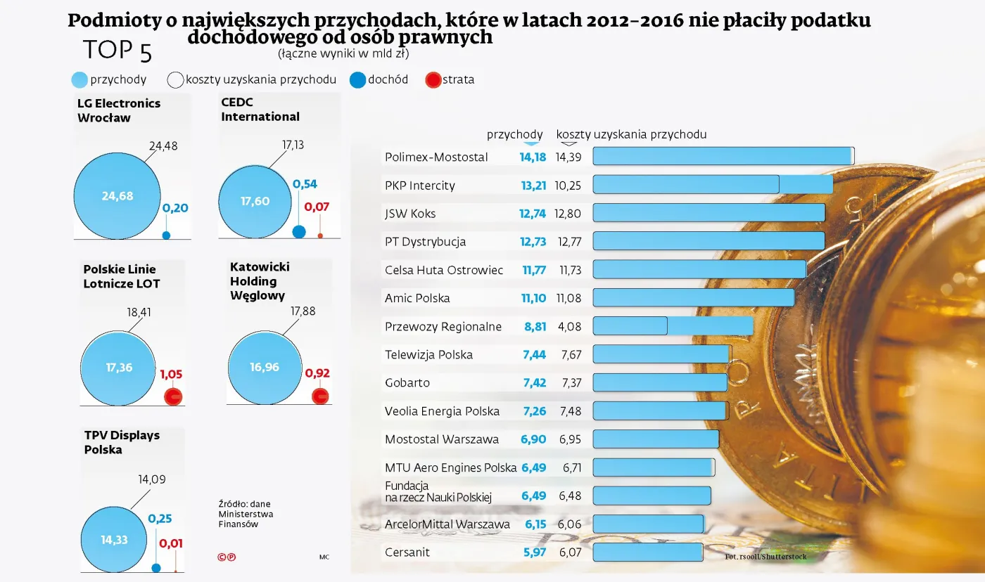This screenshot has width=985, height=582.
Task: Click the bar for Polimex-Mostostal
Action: (x=723, y=156)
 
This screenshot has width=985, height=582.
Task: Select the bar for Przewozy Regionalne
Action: (x=672, y=326)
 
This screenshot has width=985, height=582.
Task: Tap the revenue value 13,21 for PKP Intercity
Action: (x=533, y=186)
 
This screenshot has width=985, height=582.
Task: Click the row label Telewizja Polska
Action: (x=428, y=355)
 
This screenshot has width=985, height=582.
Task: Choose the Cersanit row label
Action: (x=407, y=552)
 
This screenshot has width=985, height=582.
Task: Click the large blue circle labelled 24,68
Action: (x=117, y=196)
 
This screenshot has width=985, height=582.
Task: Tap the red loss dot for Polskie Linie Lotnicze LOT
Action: (x=173, y=396)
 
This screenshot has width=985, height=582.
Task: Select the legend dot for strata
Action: (x=433, y=80)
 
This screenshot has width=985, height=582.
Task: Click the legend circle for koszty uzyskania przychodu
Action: (x=175, y=80)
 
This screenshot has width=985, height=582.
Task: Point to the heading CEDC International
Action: (x=260, y=110)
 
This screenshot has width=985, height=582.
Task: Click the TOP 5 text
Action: (x=117, y=51)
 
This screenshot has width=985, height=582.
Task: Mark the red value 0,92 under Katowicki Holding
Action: (x=317, y=373)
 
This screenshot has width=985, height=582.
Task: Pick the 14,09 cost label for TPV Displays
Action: (x=151, y=480)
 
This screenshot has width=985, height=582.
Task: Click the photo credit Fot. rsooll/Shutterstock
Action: (x=765, y=557)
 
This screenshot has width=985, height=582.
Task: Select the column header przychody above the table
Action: (x=514, y=134)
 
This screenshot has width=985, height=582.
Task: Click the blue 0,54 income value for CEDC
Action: (x=305, y=184)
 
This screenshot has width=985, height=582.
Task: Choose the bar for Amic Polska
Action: (x=693, y=298)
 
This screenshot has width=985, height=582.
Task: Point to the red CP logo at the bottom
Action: (x=226, y=557)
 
